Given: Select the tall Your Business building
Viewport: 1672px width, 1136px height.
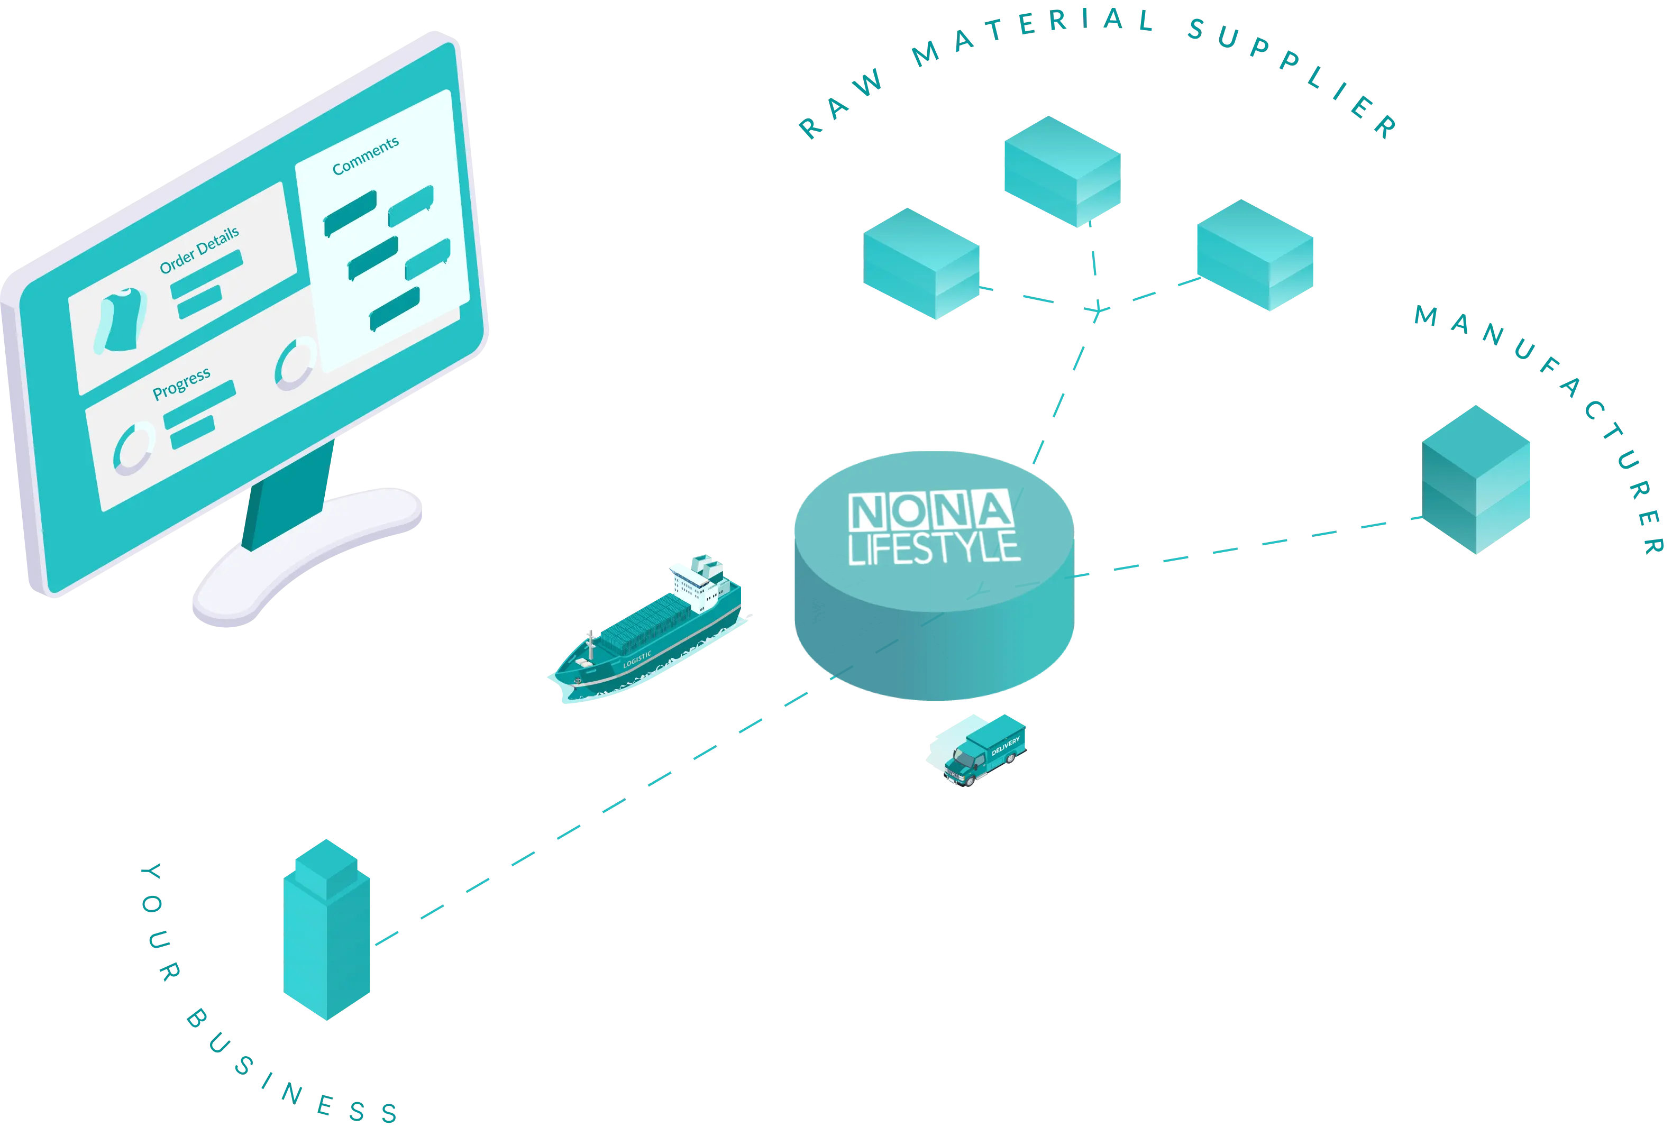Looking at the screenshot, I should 327,932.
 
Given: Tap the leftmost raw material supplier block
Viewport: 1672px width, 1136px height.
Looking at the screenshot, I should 921,263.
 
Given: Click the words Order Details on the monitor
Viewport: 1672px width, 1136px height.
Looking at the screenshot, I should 199,250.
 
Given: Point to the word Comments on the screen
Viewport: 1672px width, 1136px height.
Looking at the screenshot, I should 366,156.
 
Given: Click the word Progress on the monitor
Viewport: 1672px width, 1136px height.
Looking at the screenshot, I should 181,383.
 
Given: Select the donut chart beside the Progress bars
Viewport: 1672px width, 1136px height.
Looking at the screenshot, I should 134,447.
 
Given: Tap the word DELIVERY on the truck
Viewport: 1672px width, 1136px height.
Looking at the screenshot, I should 1005,746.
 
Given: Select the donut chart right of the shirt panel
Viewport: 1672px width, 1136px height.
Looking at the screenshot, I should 295,363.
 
